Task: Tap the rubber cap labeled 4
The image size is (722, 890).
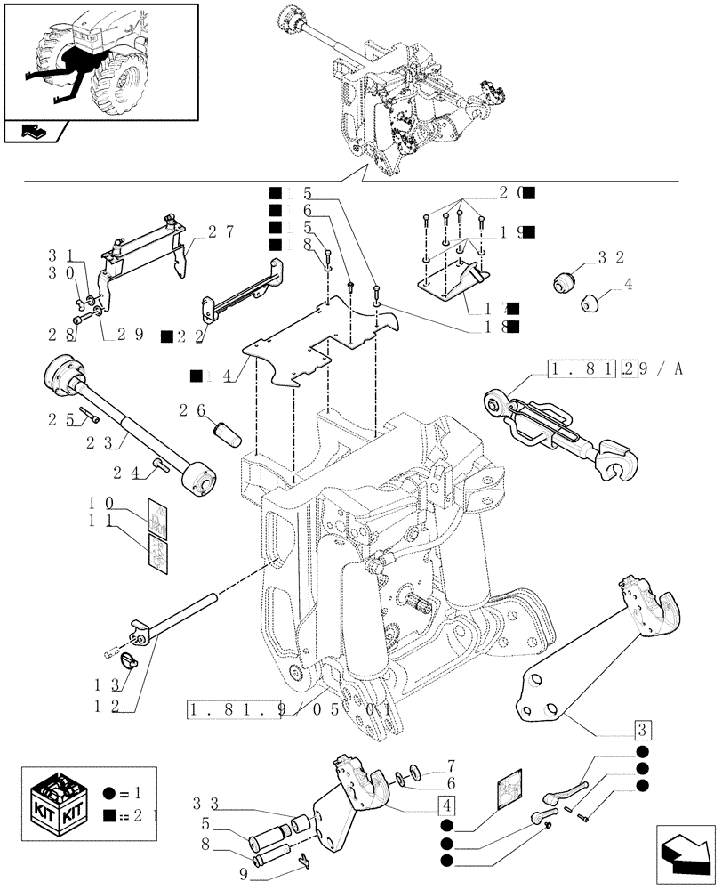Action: tap(590, 304)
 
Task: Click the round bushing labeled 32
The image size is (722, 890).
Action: tap(564, 281)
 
